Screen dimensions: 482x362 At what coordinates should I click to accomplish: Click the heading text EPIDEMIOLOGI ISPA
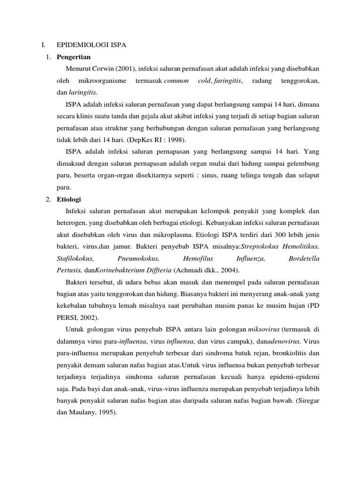pyautogui.click(x=91, y=45)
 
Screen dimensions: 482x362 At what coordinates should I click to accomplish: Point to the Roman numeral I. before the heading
pyautogui.click(x=43, y=45)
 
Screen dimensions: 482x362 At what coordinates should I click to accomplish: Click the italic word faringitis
pyautogui.click(x=228, y=81)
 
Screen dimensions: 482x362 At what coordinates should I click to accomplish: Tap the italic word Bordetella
pyautogui.click(x=304, y=258)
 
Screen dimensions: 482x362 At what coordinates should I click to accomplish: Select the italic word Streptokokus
pyautogui.click(x=263, y=247)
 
